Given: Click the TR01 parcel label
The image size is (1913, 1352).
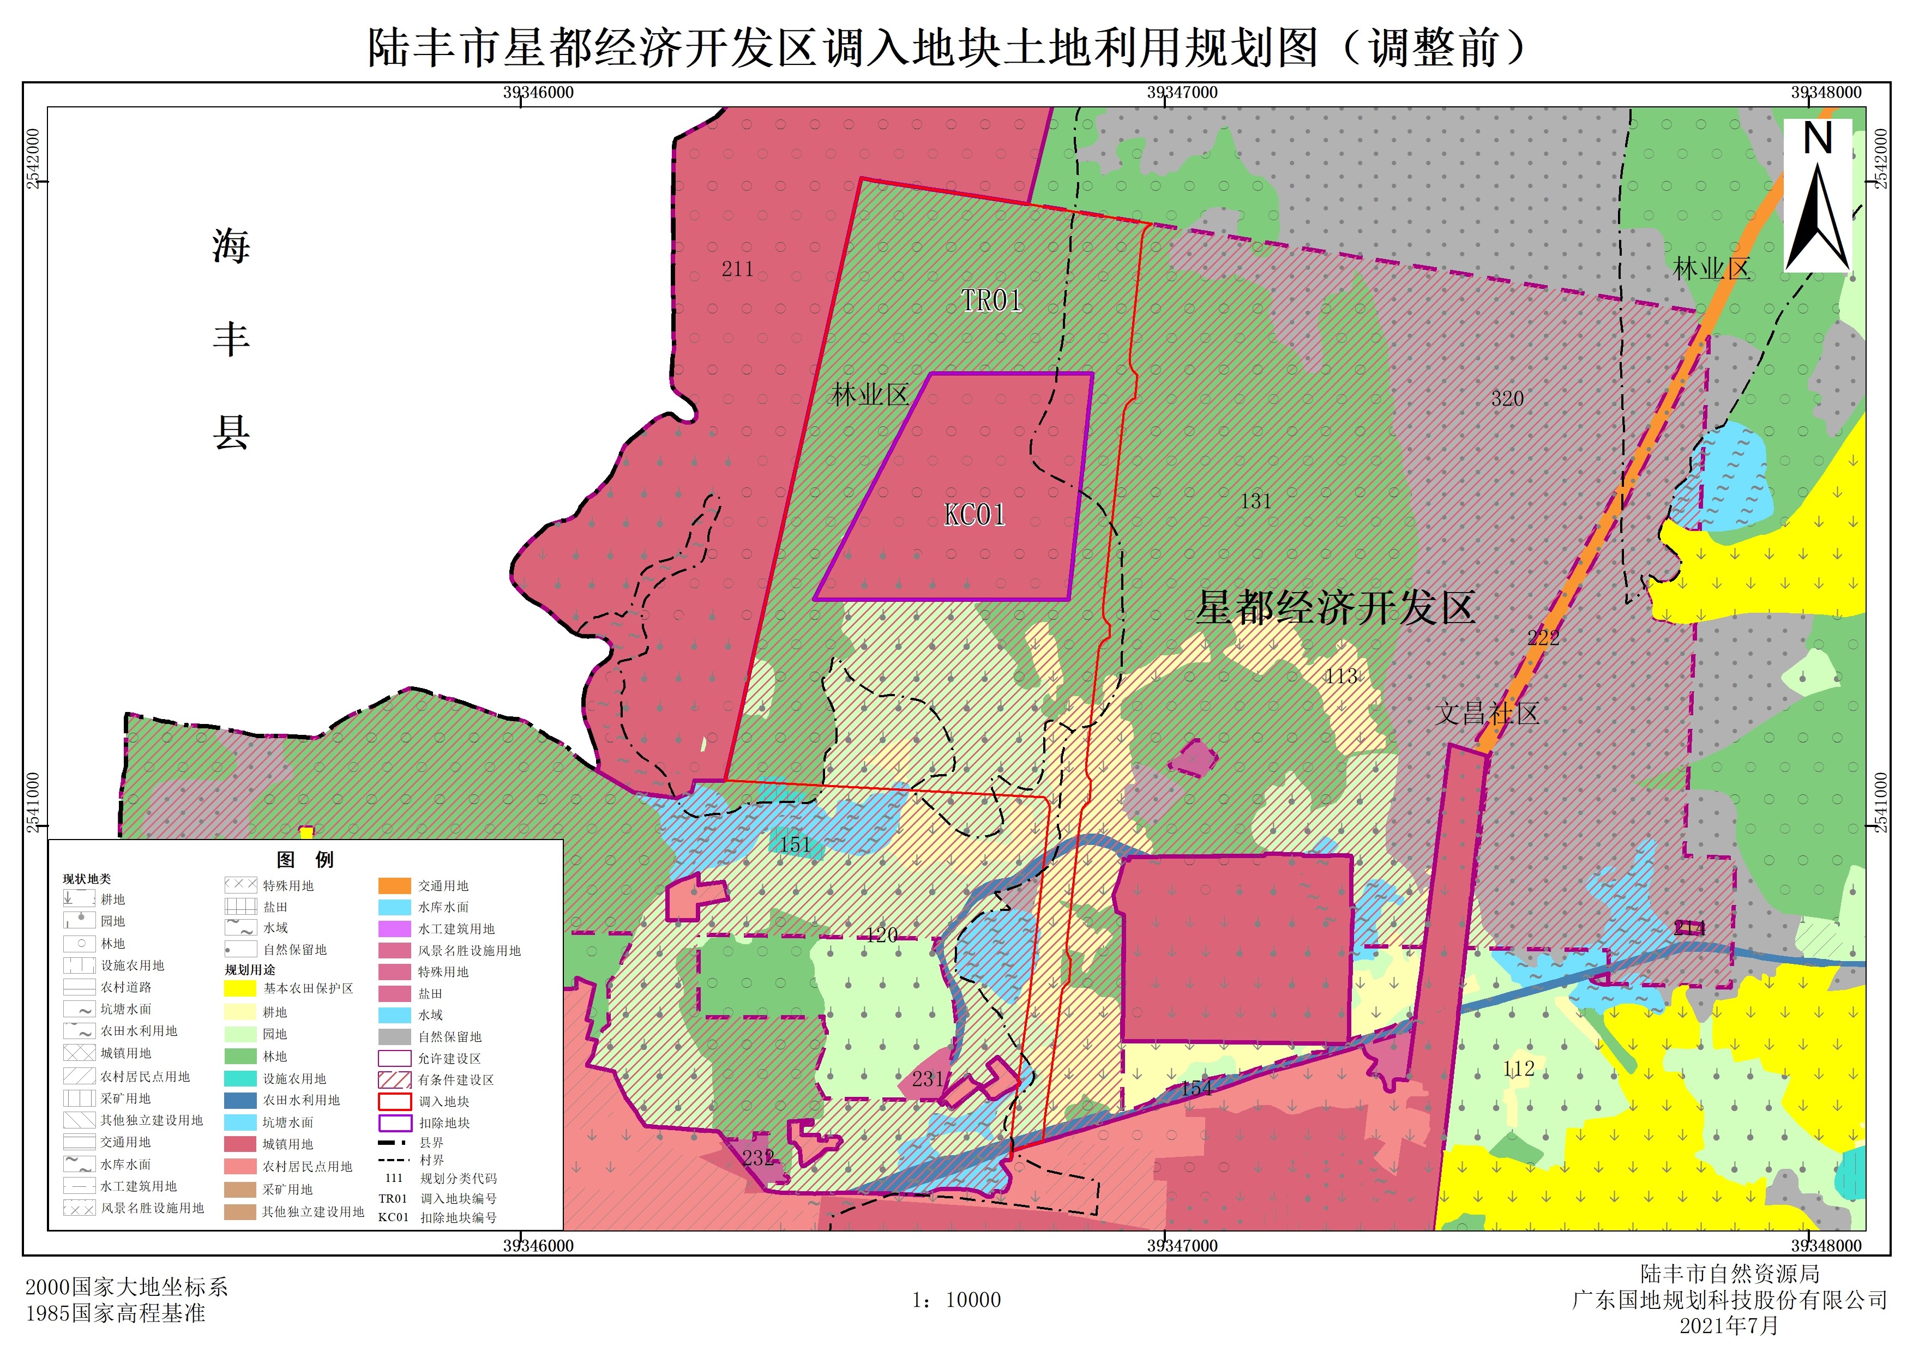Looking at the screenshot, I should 991,301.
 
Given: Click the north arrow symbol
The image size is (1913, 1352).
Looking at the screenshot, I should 1817,196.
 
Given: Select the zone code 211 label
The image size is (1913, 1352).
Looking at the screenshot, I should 737,269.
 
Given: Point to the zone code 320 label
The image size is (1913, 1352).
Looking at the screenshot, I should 1507,399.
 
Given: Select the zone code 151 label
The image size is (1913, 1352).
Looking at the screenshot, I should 795,844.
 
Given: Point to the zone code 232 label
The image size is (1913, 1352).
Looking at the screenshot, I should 758,1158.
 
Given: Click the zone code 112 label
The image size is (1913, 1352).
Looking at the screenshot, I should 1518,1069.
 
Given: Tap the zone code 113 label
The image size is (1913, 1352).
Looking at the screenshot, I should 1341,677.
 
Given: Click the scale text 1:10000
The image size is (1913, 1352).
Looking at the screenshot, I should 956,1300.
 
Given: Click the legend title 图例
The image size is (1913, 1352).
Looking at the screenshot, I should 305,860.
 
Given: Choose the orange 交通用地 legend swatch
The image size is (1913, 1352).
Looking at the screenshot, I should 394,885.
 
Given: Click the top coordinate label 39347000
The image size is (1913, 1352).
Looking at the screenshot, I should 1182,93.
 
